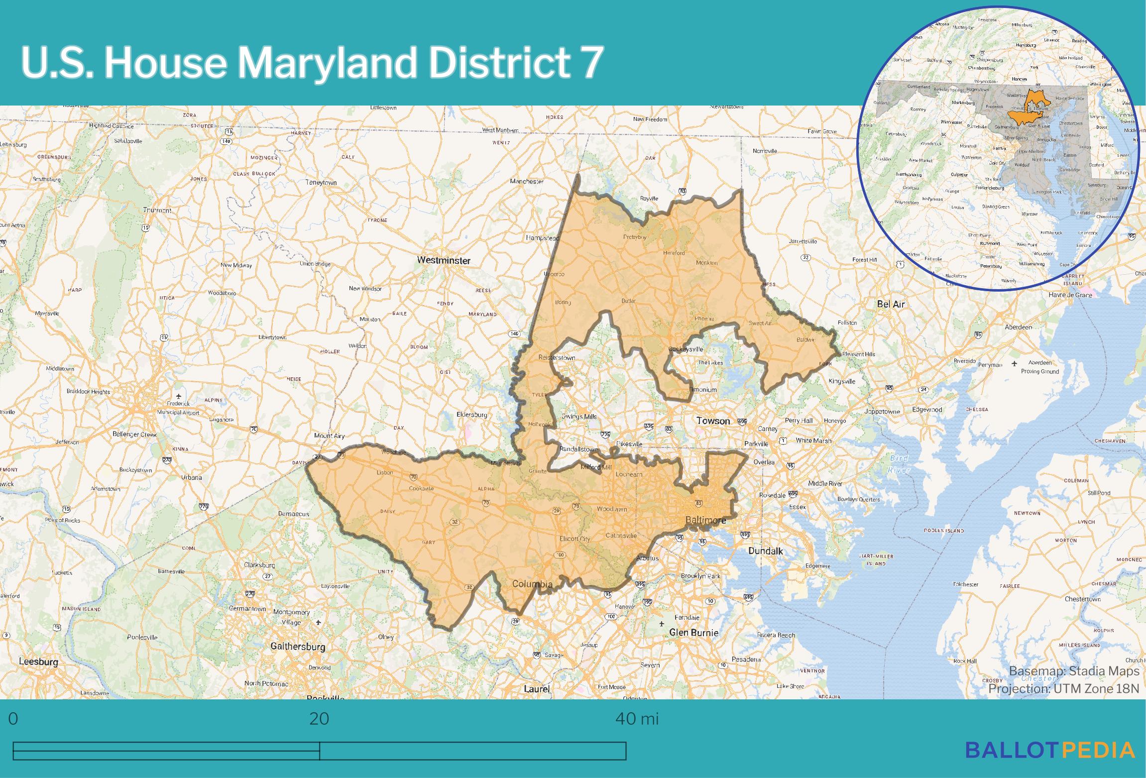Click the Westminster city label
click(x=444, y=260)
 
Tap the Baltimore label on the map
click(x=705, y=520)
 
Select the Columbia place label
click(x=532, y=584)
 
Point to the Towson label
click(x=713, y=421)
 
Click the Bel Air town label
click(x=891, y=304)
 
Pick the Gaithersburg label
click(x=298, y=647)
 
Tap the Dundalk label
click(x=766, y=551)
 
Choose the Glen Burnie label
click(x=693, y=633)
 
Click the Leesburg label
click(x=38, y=662)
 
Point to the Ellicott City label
click(x=574, y=539)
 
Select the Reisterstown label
click(x=557, y=357)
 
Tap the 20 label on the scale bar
click(x=319, y=719)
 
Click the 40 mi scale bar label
click(x=637, y=719)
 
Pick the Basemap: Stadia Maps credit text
click(x=1074, y=671)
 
